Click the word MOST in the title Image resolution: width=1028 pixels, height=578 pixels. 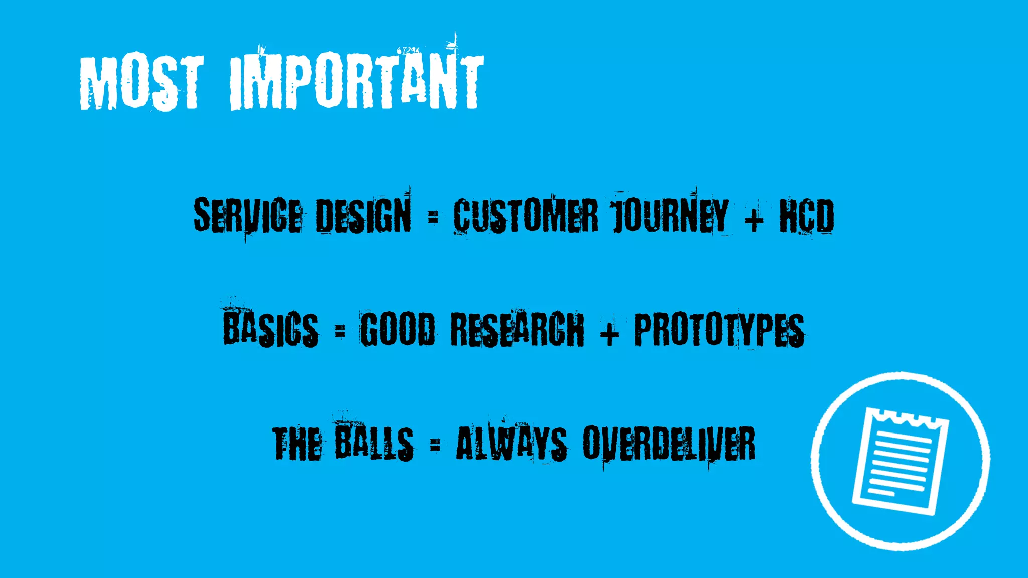coord(142,83)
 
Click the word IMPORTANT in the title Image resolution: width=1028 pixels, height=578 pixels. coord(356,83)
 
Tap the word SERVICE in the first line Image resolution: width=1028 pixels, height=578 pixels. coord(248,216)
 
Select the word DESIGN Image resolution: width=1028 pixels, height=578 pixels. coord(363,216)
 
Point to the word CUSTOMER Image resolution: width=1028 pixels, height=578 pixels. coord(526,216)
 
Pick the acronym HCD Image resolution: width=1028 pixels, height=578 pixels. coord(806,216)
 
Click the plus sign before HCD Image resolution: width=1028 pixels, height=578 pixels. coord(754,218)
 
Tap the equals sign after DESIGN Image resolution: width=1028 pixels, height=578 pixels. coord(433,217)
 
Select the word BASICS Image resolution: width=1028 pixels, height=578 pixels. coord(271,329)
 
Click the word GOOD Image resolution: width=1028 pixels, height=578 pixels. coord(398,329)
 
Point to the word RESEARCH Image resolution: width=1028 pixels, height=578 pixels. coord(517,329)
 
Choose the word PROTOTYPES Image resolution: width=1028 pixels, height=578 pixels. coord(719,329)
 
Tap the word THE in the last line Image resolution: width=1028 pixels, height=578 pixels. coord(297,444)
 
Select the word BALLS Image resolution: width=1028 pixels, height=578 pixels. coord(374,444)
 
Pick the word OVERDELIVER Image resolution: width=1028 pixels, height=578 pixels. coord(669,444)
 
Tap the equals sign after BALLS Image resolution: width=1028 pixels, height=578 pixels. coord(435,444)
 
